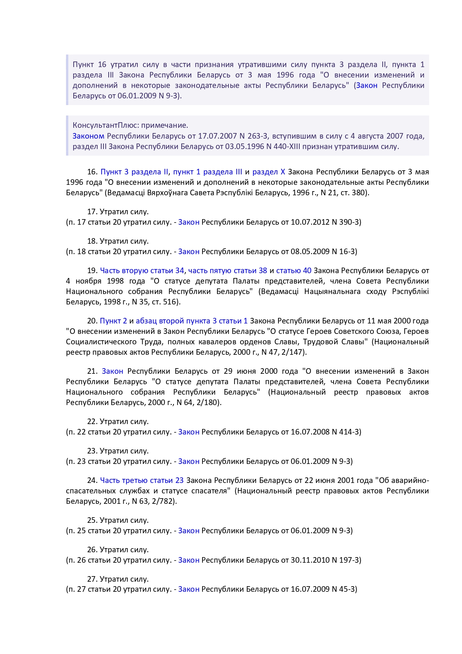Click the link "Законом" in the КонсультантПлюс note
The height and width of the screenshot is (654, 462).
(x=88, y=136)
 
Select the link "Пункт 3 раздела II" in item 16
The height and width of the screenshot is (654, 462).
(x=134, y=172)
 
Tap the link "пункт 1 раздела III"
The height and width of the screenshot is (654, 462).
(x=207, y=172)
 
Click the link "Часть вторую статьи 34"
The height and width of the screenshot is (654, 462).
(x=142, y=271)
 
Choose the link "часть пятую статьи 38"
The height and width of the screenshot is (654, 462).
(x=227, y=271)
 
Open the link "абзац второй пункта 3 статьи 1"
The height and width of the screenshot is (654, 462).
(x=192, y=321)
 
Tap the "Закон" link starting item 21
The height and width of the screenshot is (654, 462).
(x=112, y=371)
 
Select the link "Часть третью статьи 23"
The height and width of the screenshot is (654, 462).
(x=142, y=480)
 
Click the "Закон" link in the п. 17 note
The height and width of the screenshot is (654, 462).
(x=189, y=222)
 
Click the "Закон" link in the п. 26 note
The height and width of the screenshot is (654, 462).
(x=189, y=560)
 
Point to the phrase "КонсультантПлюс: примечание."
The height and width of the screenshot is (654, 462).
(x=130, y=125)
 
